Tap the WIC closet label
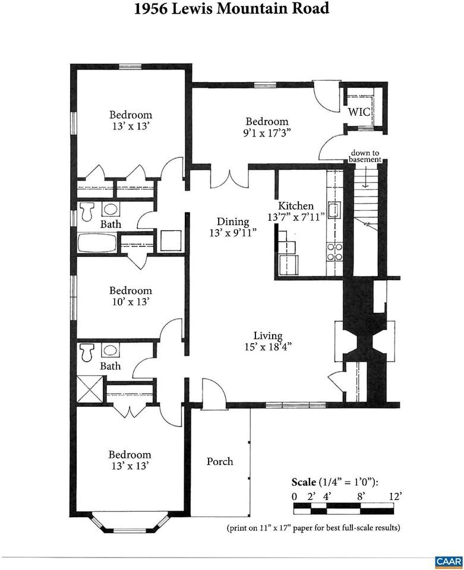click(x=359, y=112)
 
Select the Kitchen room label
click(x=296, y=206)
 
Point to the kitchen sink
click(x=334, y=210)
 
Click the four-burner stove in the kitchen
click(x=334, y=252)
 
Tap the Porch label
click(x=220, y=461)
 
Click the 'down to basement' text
click(x=365, y=156)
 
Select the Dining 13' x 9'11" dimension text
click(x=233, y=233)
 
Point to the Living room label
click(x=268, y=336)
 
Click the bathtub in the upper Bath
click(x=97, y=243)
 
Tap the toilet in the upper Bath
click(x=87, y=211)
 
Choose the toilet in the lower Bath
click(x=87, y=352)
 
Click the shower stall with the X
click(x=90, y=389)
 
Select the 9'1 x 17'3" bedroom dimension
click(x=267, y=133)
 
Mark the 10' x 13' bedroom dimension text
click(x=131, y=302)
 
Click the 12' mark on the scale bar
click(x=395, y=496)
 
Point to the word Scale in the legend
click(x=304, y=482)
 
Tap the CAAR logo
click(x=449, y=562)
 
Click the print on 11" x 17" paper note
click(x=313, y=527)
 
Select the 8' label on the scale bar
click(x=361, y=496)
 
